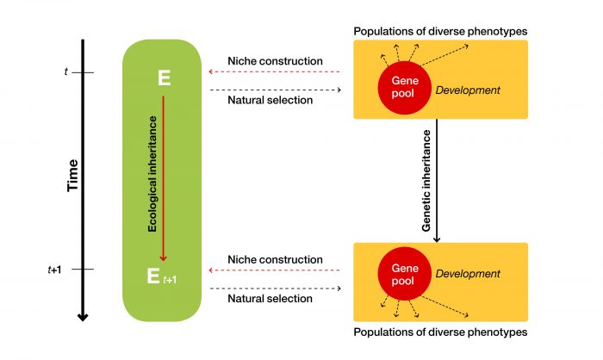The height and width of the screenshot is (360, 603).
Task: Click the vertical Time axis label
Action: point(72,176)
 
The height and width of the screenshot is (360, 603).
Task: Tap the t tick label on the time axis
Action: point(65,72)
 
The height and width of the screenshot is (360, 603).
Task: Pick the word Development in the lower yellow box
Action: point(468,274)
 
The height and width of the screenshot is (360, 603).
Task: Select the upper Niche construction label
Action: point(275,61)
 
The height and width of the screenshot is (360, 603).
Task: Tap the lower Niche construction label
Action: point(275,259)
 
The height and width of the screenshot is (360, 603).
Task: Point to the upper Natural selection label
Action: point(270,101)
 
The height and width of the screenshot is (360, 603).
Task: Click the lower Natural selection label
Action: point(270,298)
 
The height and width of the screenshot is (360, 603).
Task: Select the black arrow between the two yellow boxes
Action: point(439,181)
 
